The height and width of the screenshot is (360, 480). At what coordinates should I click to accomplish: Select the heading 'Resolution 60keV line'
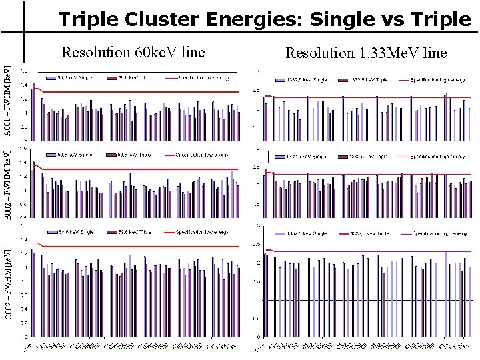(x=133, y=52)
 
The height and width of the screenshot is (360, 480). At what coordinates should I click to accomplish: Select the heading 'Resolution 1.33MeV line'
(x=366, y=53)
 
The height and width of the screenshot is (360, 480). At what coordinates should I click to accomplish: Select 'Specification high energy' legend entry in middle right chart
(x=437, y=156)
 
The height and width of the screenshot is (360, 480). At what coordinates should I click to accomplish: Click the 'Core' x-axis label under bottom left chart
(x=26, y=348)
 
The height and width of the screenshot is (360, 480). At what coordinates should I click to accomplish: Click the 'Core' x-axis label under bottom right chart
(x=260, y=348)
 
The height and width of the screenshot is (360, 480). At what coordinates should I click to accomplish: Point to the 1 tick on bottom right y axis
(x=258, y=300)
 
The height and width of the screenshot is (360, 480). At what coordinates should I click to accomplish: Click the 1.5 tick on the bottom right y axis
(x=257, y=281)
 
